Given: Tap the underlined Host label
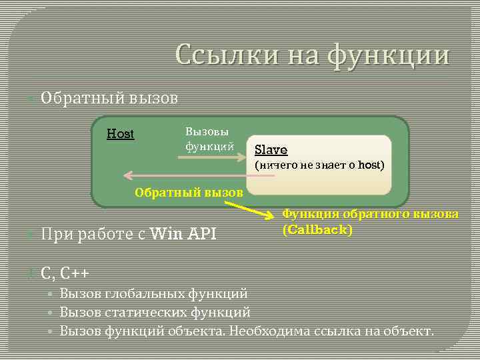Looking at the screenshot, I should (x=121, y=134).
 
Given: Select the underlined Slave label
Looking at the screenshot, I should (x=271, y=151).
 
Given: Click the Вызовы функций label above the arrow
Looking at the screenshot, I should (x=209, y=138).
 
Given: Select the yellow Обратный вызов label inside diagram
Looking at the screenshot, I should (x=189, y=193).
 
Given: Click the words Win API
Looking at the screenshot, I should (x=184, y=233).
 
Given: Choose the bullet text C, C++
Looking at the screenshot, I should (x=65, y=273).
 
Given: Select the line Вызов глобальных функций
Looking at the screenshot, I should (x=154, y=293).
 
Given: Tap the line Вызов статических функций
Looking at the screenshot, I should (x=155, y=311).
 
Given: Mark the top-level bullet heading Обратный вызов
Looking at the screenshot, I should (x=109, y=99).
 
